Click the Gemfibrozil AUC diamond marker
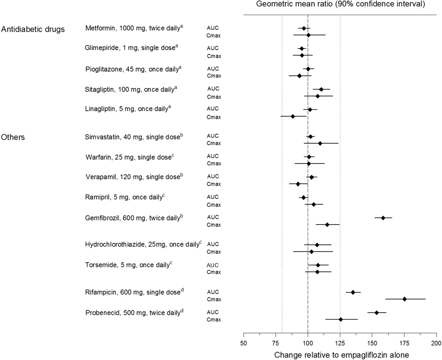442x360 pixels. (383, 218)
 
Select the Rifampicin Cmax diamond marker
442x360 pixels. (404, 299)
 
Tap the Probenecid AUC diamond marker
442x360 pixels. (377, 312)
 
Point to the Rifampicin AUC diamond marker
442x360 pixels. (353, 292)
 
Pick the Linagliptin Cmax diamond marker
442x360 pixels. (293, 116)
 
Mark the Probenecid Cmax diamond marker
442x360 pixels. (340, 319)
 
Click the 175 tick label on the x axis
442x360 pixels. (404, 342)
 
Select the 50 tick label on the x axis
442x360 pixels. (244, 342)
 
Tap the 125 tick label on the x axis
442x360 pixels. (340, 342)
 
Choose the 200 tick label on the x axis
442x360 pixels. (436, 342)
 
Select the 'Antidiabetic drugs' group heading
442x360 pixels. (33, 30)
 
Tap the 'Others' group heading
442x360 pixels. (13, 137)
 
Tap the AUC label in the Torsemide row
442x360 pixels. (213, 265)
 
